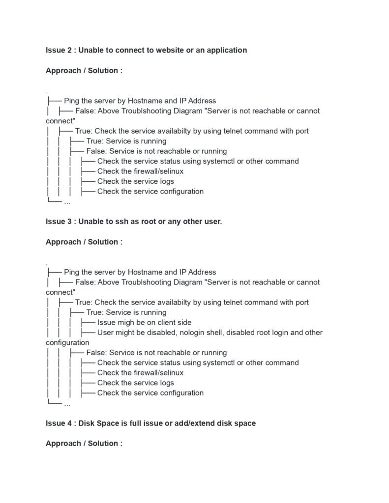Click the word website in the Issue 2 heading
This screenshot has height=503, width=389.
(x=161, y=50)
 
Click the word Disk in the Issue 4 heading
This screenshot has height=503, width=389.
(x=89, y=423)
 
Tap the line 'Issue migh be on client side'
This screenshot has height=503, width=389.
(x=144, y=323)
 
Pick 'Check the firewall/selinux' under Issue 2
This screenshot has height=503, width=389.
(x=140, y=171)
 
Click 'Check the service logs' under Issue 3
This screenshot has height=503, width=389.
(x=135, y=383)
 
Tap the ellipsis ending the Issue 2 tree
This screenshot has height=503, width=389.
(x=67, y=202)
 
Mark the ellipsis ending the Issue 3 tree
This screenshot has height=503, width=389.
(x=67, y=403)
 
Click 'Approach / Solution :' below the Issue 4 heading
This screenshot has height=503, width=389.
(x=84, y=444)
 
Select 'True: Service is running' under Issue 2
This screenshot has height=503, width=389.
(x=126, y=141)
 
